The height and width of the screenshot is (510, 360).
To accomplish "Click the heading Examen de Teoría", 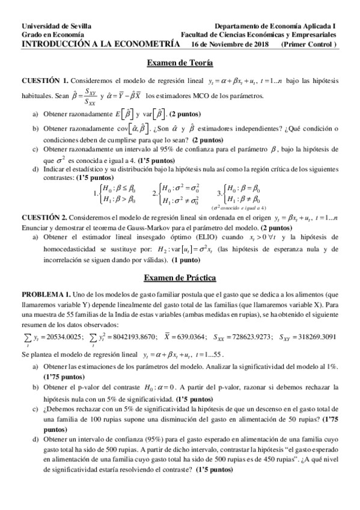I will click(180, 63).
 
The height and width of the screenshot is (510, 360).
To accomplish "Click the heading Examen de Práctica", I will click(180, 278).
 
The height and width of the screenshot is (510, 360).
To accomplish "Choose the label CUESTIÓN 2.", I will click(45, 215).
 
